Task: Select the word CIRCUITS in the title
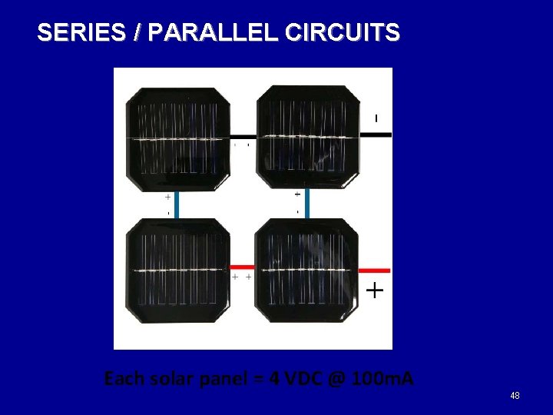click(342, 33)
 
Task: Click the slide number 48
click(515, 396)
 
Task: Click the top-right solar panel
click(307, 137)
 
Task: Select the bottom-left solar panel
click(179, 271)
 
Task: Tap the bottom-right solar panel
click(307, 271)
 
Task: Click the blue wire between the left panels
click(177, 204)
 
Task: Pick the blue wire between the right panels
click(306, 203)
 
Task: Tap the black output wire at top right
click(376, 134)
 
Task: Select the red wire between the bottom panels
click(243, 267)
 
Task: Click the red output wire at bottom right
click(375, 271)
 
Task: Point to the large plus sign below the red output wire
click(374, 290)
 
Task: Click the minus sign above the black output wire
click(376, 118)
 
